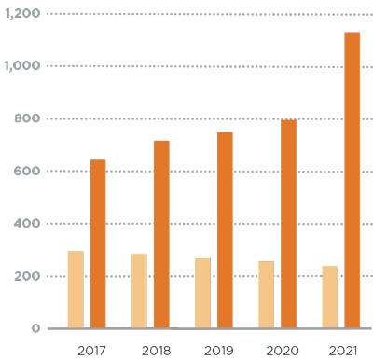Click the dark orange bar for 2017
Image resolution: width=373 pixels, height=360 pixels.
click(x=98, y=243)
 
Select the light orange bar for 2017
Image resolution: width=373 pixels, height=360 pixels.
click(x=76, y=289)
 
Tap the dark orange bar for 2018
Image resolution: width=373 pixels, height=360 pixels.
click(x=161, y=234)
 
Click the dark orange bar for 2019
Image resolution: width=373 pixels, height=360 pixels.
click(x=225, y=229)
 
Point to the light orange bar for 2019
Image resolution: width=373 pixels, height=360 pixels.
click(x=202, y=293)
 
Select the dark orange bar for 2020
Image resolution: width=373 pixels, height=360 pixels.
click(x=288, y=223)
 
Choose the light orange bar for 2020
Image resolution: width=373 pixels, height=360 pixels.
click(x=266, y=294)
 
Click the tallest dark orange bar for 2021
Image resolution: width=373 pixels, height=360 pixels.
click(x=352, y=180)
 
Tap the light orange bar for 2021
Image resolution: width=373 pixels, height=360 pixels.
click(x=329, y=297)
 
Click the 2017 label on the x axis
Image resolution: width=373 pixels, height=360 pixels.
click(x=90, y=351)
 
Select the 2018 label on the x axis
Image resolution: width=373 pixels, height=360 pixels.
click(x=156, y=351)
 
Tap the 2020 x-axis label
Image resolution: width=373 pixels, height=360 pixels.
click(x=283, y=351)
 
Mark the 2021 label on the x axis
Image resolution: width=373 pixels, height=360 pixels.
click(x=344, y=351)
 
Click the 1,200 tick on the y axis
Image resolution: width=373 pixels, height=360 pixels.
click(x=22, y=14)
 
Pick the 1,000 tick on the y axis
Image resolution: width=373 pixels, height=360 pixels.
click(x=22, y=66)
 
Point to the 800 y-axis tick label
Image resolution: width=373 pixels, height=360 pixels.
click(x=27, y=118)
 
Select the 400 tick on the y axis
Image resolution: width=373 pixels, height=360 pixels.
click(x=27, y=224)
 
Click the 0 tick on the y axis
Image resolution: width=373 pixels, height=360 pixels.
click(x=36, y=328)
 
